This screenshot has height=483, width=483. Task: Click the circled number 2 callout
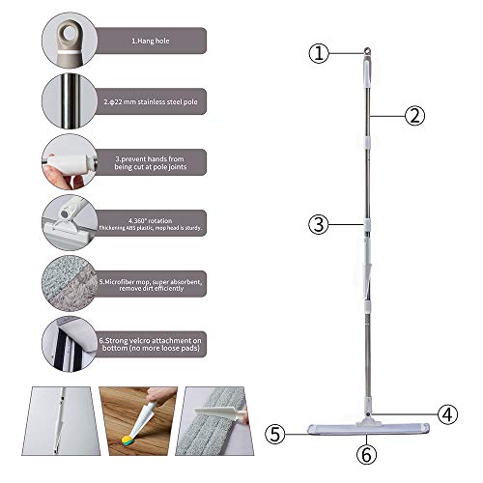coord(414,115)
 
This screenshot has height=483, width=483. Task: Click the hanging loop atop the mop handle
coord(367,50)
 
